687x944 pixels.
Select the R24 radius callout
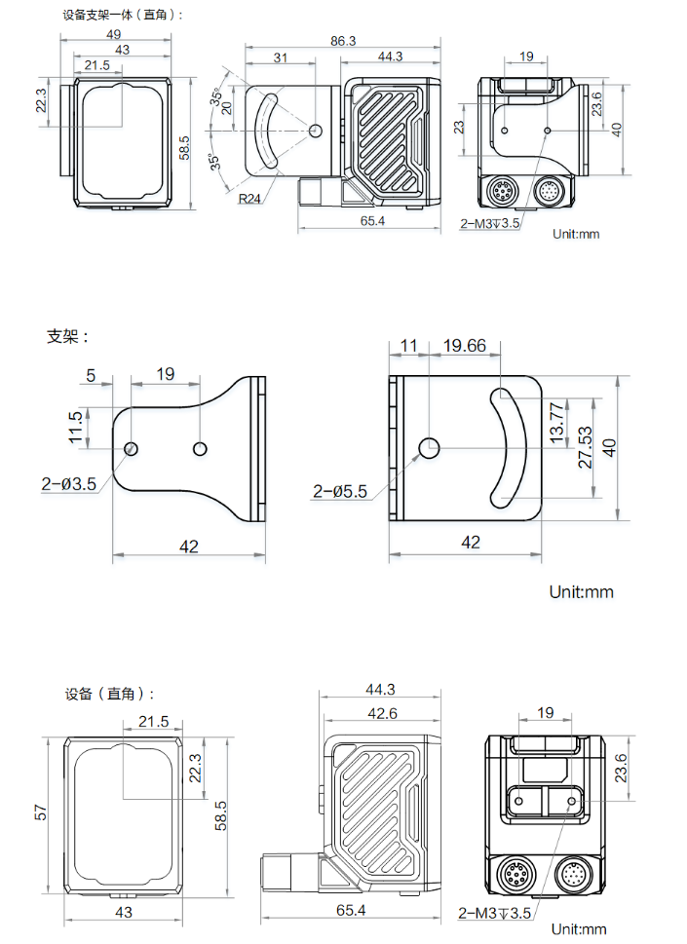coord(251,199)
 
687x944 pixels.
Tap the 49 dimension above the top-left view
coord(113,34)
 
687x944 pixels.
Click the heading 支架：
coord(67,336)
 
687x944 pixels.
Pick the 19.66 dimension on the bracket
coord(464,346)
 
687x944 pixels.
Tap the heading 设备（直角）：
coord(109,694)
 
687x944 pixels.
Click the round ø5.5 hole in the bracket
coord(429,447)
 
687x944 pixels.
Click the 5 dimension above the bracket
coord(91,374)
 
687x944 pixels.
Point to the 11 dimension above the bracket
coord(408,346)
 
